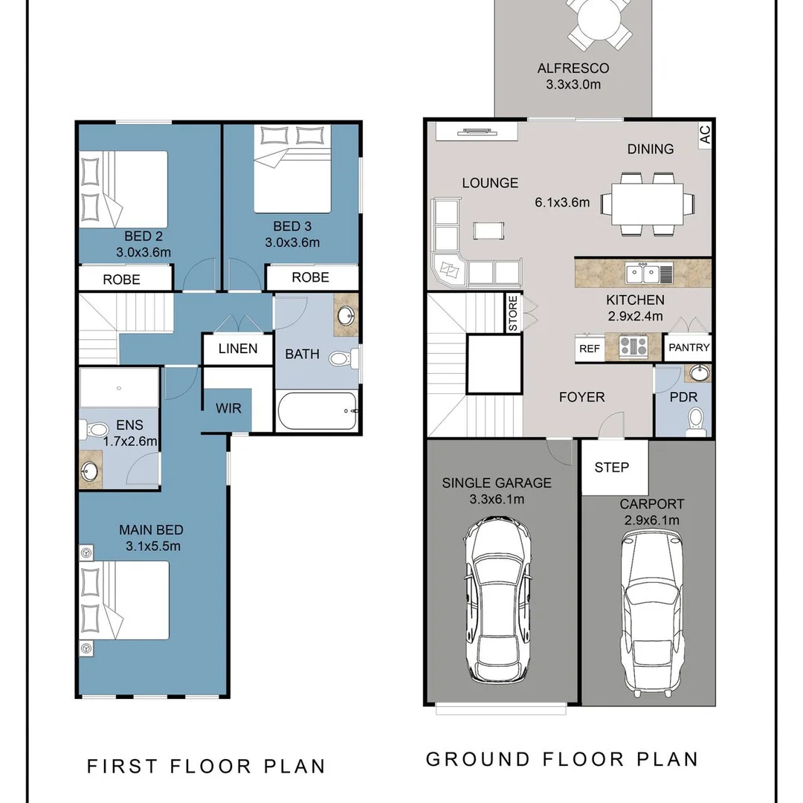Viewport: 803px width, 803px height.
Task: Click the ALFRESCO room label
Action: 573,68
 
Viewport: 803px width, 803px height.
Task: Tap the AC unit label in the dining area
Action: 705,135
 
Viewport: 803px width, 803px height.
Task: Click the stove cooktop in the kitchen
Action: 633,346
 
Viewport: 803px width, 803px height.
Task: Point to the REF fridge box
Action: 590,348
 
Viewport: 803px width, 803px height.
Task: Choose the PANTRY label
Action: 688,347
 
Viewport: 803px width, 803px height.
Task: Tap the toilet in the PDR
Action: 695,421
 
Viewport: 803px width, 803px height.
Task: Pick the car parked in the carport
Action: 651,613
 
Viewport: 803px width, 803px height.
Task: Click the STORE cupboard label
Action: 513,314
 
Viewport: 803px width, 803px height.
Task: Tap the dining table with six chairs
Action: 648,204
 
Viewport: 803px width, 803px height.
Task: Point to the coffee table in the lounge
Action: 488,230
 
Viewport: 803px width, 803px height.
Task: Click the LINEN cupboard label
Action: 238,349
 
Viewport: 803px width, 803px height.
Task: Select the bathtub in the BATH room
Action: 317,411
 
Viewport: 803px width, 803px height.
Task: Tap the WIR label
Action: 228,408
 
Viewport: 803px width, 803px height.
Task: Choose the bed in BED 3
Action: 292,169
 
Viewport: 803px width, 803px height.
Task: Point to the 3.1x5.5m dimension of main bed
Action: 153,546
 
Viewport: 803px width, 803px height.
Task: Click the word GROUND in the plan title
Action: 478,759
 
